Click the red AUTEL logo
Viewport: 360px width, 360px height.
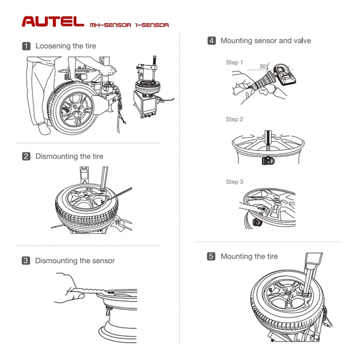point(53,22)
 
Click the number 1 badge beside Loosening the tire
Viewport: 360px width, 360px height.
point(26,46)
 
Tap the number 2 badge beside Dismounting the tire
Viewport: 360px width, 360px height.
point(26,156)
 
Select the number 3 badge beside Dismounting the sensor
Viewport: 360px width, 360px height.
point(26,261)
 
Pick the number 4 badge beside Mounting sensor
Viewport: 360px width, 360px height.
point(211,41)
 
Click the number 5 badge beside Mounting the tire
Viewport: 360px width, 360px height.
point(211,256)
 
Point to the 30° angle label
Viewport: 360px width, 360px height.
point(264,66)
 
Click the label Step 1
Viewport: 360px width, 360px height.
point(234,62)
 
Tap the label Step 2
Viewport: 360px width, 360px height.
point(234,119)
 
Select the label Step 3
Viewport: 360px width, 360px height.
point(234,182)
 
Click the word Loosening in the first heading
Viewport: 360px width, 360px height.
point(53,46)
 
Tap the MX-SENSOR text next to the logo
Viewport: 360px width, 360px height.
point(111,25)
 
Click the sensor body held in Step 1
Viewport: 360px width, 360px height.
point(285,74)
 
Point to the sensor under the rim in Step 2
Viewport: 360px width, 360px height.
point(268,161)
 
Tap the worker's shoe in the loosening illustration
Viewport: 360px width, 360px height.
point(44,129)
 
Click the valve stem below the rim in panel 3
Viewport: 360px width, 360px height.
point(107,311)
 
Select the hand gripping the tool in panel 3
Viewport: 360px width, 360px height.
point(68,288)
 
